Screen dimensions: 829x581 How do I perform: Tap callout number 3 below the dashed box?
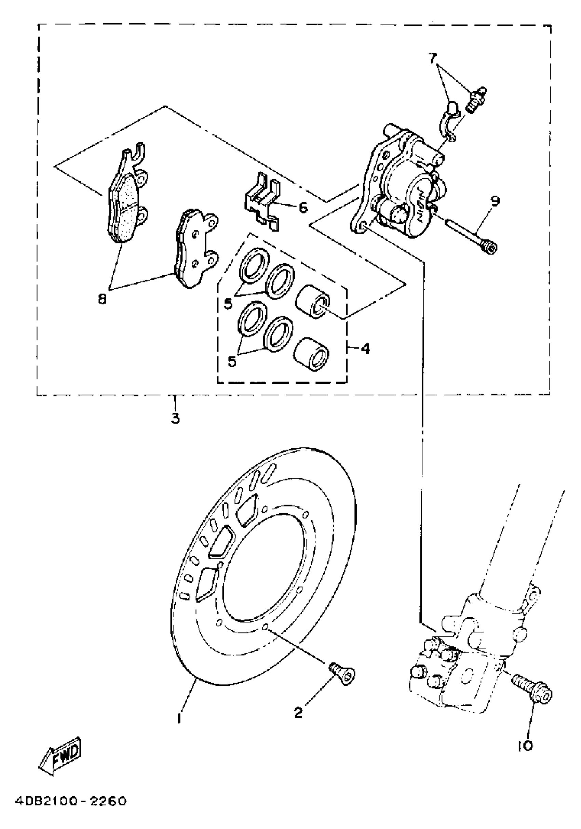pos(175,419)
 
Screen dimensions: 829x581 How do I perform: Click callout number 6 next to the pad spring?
pos(303,208)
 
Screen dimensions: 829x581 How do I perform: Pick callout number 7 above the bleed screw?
pos(433,58)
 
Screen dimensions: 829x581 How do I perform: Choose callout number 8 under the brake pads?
pos(103,299)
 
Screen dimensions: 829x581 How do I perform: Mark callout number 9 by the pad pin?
pos(495,201)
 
